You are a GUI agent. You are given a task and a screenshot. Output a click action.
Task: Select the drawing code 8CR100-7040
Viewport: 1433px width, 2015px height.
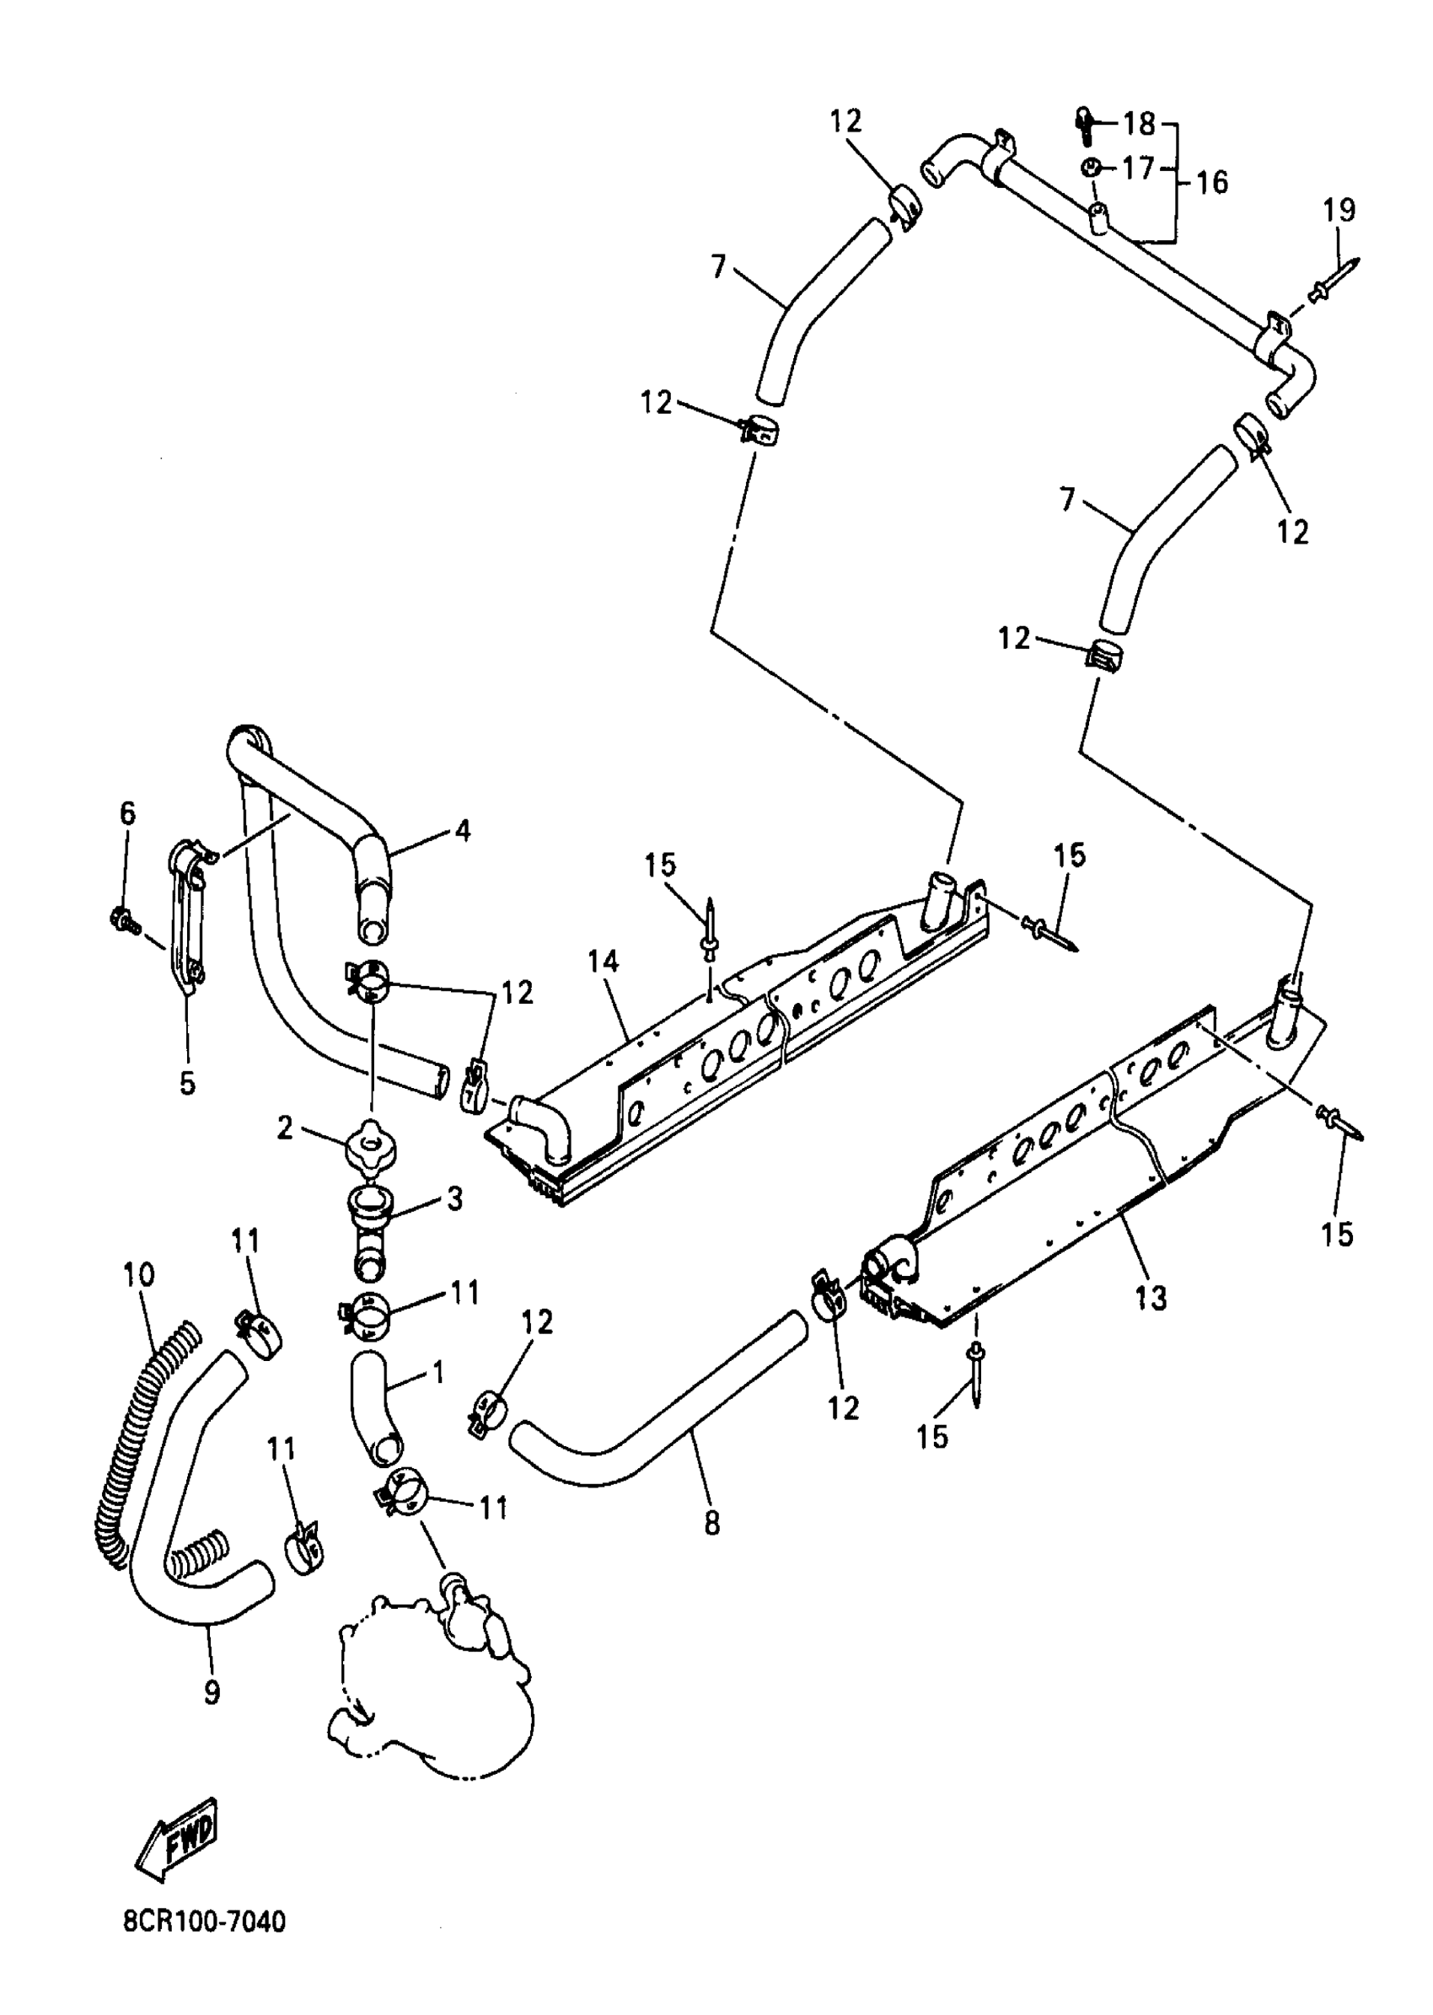coord(204,1921)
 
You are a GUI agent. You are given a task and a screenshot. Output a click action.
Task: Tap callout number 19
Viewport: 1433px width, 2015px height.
coord(1339,211)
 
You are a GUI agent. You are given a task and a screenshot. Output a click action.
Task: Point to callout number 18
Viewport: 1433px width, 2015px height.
coord(1139,124)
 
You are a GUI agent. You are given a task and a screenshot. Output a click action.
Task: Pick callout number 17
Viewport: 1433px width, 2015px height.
coord(1138,167)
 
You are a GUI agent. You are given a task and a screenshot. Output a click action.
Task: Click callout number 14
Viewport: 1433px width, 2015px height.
coord(604,962)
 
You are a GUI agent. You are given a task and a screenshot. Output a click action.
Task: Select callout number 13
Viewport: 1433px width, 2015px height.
coord(1151,1298)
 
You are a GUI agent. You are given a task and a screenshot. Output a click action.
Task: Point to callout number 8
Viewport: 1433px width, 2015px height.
coord(712,1523)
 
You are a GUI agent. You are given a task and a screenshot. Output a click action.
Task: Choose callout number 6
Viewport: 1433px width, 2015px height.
coord(128,812)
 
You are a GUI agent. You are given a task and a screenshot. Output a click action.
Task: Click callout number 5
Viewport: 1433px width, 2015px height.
coord(187,1082)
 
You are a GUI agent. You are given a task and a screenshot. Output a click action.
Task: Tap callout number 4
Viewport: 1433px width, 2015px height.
coord(461,830)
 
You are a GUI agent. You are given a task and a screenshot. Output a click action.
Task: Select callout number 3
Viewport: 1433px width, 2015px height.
coord(454,1199)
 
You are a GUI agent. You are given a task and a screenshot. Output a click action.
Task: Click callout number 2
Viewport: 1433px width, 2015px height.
coord(284,1128)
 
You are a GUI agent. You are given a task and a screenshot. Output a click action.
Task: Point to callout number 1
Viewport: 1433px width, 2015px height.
coord(438,1373)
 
